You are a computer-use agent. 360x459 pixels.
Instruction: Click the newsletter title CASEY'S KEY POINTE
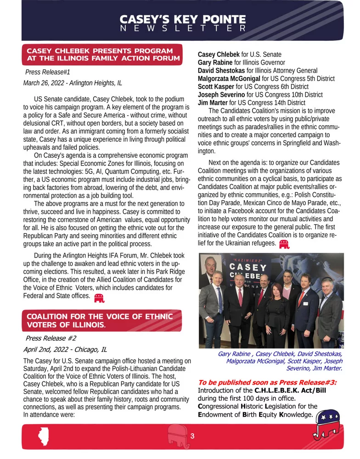183,20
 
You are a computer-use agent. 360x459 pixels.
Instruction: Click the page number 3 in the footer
193,436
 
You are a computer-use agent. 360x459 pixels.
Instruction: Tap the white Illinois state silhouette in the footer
44,437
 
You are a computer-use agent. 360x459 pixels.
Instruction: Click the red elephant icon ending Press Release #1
99,299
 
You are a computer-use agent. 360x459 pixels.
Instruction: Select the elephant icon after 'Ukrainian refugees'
284,244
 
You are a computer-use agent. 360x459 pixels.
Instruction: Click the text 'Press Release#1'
47,72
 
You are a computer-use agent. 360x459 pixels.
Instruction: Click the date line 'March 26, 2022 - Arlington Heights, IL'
72,83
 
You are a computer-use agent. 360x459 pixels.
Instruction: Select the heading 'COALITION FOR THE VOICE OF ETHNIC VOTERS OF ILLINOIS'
100,320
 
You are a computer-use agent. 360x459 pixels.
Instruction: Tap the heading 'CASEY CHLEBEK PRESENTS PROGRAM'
100,50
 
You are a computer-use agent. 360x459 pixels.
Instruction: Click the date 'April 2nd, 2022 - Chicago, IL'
65,349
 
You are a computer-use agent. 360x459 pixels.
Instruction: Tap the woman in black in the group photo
277,319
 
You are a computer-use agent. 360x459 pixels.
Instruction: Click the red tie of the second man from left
240,298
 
